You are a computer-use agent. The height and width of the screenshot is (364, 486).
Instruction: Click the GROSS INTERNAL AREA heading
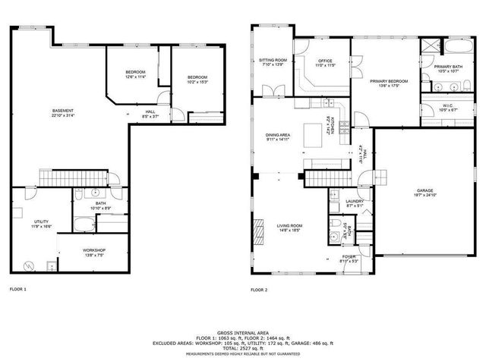[242, 333]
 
